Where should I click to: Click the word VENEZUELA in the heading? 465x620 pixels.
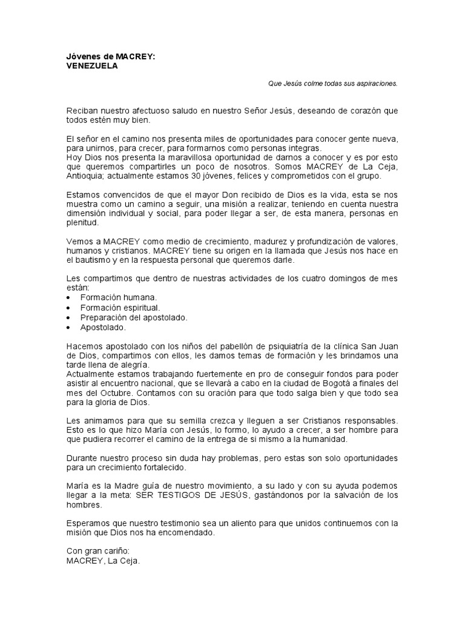coord(92,67)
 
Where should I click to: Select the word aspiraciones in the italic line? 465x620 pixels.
coord(377,84)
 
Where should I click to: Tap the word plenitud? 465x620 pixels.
coord(82,222)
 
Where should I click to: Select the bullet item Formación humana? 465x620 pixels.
coord(118,298)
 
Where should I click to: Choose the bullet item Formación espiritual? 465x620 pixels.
coord(120,308)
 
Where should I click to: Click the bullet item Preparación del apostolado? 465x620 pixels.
coord(134,317)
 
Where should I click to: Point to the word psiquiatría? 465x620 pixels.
coord(272,346)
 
